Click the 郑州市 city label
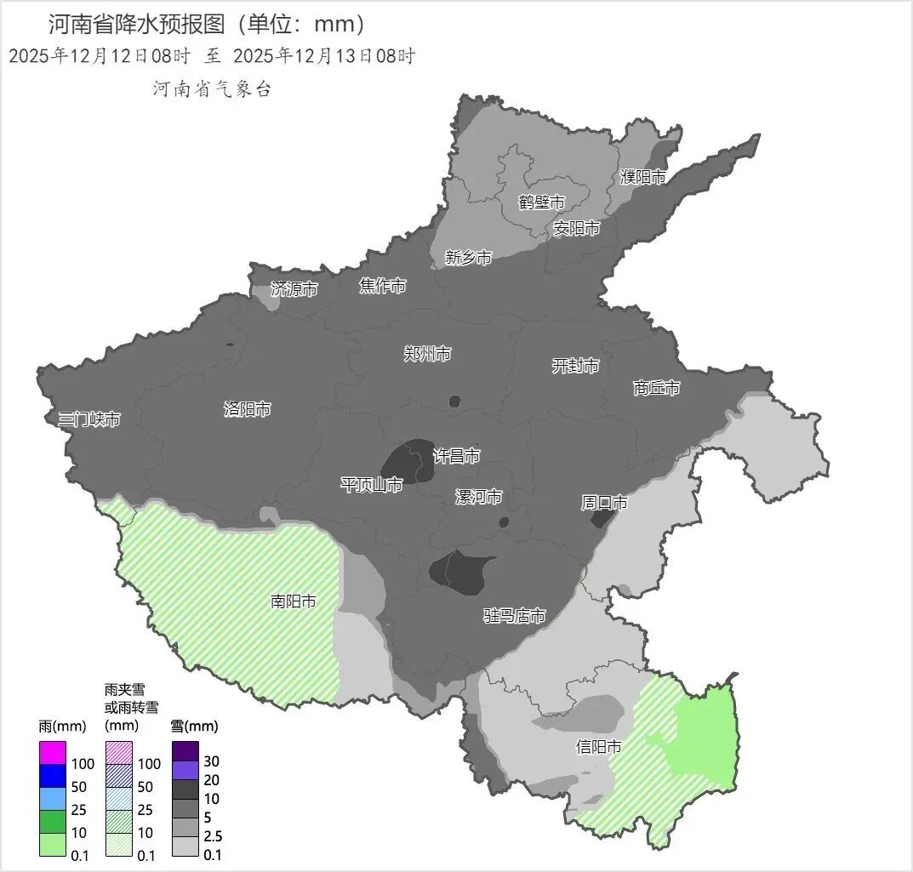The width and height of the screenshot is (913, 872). coord(427,354)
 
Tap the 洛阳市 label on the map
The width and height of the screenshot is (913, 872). coord(247,409)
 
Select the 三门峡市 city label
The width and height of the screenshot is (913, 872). coord(88,419)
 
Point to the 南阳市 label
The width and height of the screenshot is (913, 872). coord(294,601)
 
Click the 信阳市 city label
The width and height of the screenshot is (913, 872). coord(598,747)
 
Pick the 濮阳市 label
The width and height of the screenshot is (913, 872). coord(642,177)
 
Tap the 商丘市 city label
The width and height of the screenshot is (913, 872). coord(657,388)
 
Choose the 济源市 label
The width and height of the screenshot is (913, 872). coord(294,289)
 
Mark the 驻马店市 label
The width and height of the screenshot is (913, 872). coord(514,615)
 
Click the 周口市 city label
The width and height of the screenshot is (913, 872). coord(604,503)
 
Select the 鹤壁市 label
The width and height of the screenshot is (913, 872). coord(542,202)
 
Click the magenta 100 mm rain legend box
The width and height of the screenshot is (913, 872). coord(53,752)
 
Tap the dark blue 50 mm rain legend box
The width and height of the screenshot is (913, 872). coord(53,775)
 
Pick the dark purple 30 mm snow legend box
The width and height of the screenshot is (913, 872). coord(185,751)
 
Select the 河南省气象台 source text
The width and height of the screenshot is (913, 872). coord(212,89)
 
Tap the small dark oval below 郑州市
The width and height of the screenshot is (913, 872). coord(454,401)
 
